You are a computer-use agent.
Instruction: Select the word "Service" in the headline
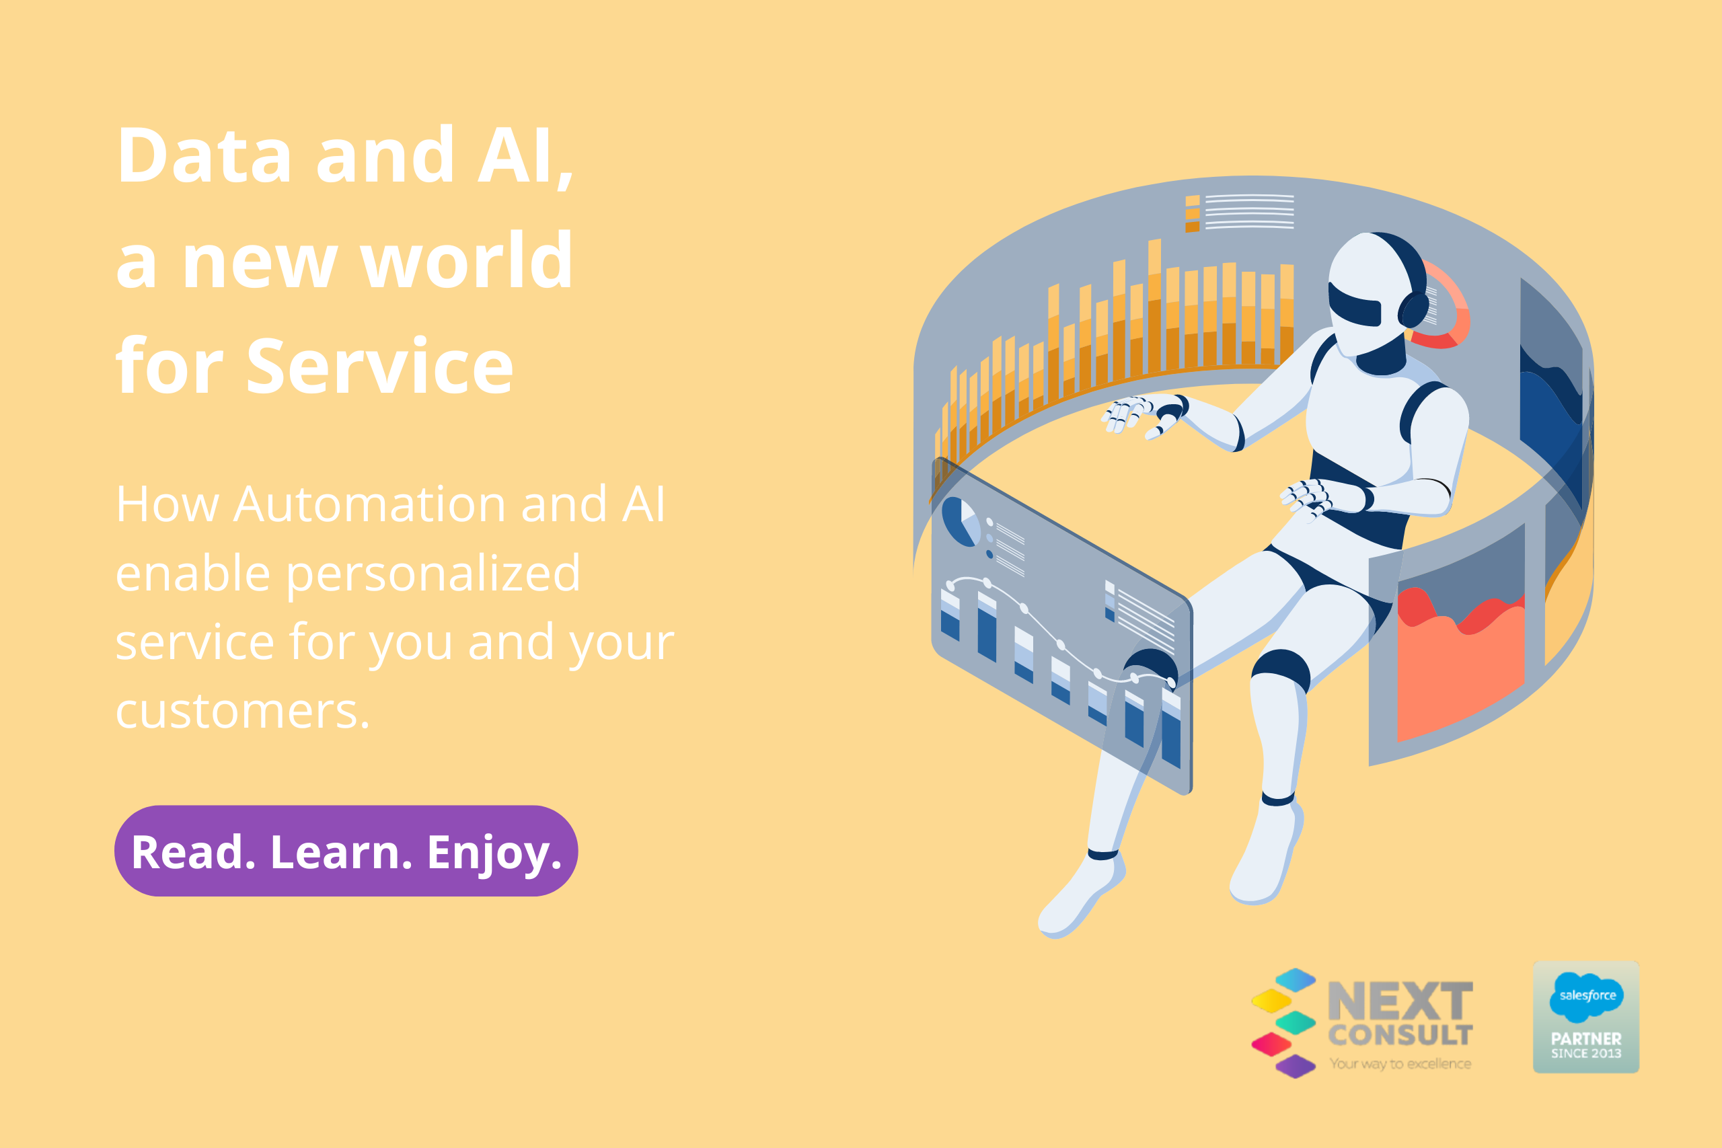pyautogui.click(x=380, y=366)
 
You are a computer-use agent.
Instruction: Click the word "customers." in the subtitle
pyautogui.click(x=242, y=711)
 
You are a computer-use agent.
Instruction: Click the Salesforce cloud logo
pyautogui.click(x=1587, y=997)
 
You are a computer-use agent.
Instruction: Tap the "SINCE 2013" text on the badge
pyautogui.click(x=1586, y=1054)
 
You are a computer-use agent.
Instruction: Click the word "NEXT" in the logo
pyautogui.click(x=1400, y=1001)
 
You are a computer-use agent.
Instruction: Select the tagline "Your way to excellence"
pyautogui.click(x=1400, y=1063)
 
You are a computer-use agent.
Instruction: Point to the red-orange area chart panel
pyautogui.click(x=1460, y=662)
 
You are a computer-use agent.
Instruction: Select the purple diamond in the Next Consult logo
pyautogui.click(x=1295, y=1065)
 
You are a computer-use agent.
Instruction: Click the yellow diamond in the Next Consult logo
pyautogui.click(x=1271, y=1000)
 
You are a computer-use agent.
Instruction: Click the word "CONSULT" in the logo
pyautogui.click(x=1400, y=1035)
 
